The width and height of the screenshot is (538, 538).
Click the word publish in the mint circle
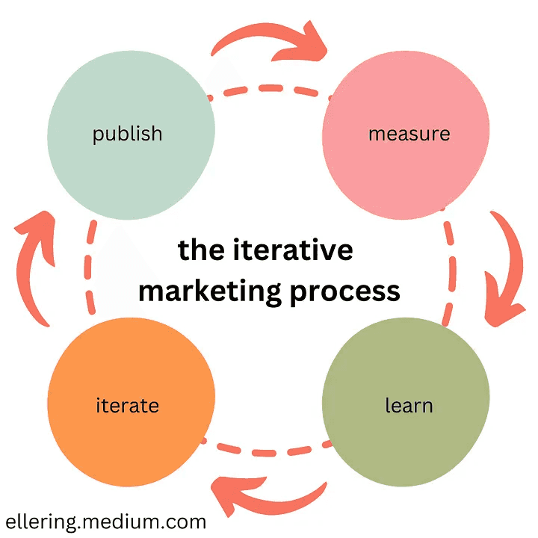[127, 134]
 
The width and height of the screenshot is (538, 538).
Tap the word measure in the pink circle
[409, 134]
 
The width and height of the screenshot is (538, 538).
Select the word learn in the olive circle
[409, 406]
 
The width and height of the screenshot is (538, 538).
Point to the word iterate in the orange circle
[127, 406]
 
